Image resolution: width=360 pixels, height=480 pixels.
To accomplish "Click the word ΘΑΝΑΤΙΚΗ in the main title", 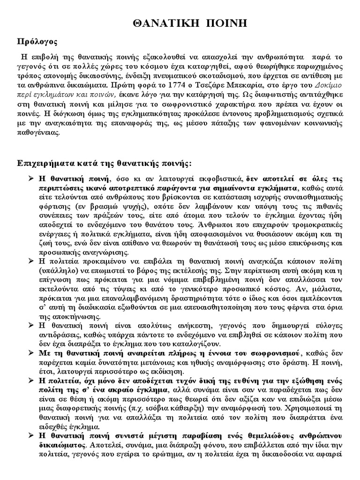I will click(161, 24).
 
